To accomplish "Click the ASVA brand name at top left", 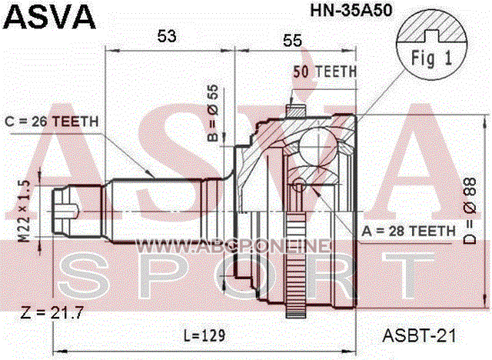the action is coord(49,17).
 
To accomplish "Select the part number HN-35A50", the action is coord(351,11).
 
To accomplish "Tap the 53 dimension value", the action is coord(167,36).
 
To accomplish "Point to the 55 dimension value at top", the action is coord(292,41).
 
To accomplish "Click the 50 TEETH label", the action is coord(325,72).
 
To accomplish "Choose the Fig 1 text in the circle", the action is coord(431,58).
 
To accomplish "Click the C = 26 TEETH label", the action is coord(52,122).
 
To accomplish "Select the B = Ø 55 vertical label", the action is coord(213,113).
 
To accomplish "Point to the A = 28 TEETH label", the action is coord(408,232).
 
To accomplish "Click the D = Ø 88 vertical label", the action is coord(470,211).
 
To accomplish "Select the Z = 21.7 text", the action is coord(52,312).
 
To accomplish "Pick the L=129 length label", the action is coord(204,335).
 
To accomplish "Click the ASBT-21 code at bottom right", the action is coord(419,336).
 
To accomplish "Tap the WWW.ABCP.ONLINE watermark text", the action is coord(233,246).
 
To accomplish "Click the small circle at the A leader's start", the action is coord(299,185).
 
